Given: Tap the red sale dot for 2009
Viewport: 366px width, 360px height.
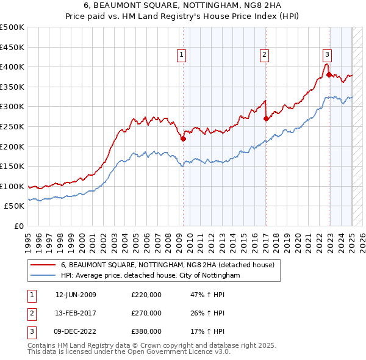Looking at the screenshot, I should (x=184, y=139).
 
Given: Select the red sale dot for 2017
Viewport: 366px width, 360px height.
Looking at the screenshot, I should (x=266, y=119).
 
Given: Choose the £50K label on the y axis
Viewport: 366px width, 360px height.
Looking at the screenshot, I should (x=14, y=206).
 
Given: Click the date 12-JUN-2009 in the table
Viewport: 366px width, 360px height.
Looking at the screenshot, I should (x=76, y=295).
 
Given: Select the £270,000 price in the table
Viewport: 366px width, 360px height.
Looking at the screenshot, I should (x=146, y=313).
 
